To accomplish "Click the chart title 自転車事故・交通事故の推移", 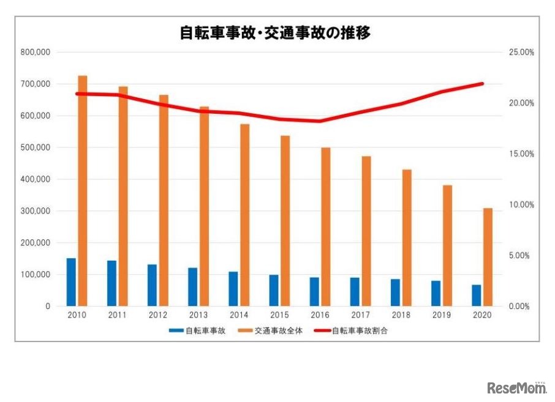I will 275,32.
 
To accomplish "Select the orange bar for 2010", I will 82,190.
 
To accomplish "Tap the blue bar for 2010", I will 72,282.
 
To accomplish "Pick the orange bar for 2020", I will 488,257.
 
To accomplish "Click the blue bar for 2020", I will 477,295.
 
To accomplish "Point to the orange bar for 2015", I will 285,220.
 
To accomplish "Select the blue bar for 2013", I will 193,286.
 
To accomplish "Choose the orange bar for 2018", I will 407,237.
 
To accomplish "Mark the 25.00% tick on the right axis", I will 521,52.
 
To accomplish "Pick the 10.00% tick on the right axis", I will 521,204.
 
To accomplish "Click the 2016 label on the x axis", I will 320,315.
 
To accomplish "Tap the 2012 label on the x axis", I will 158,315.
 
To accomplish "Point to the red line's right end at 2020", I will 482,84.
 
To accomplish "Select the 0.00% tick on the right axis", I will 523,306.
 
